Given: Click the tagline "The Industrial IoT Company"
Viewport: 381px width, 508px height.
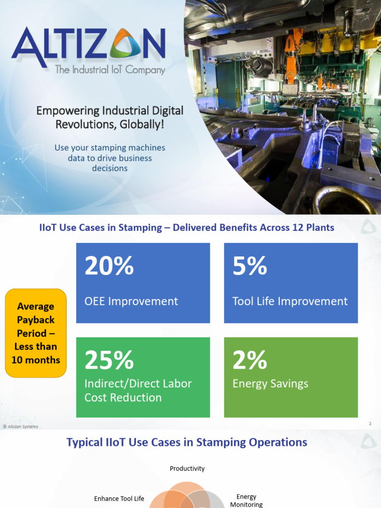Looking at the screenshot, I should pos(110,70).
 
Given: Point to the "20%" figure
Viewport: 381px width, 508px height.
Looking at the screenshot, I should pos(109,266).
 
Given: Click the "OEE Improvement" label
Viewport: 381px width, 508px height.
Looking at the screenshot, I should pos(131,301).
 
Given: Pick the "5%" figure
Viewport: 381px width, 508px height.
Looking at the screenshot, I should pos(250,266).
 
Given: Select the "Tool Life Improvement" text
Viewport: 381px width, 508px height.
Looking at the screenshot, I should pos(290,301).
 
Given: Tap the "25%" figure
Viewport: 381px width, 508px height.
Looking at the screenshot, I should pos(109,360).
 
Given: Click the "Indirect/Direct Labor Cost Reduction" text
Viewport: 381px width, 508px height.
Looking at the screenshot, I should pos(137,390).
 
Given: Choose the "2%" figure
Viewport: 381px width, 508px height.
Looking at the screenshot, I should pos(250,360).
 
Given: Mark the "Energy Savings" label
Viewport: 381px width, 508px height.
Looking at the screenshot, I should pos(270,383).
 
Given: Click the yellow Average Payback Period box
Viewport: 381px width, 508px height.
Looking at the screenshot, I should pos(36,333).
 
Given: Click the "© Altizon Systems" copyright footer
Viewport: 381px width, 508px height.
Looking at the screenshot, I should pos(20,426).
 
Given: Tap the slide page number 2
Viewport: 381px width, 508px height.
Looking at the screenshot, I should pos(370,424).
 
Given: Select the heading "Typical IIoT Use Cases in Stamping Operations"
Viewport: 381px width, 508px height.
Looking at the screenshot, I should pos(187,442).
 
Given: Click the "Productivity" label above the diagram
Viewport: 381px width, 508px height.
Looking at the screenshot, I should pos(187,468).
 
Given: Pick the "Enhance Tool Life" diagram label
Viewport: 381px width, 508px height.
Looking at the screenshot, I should pos(119,499).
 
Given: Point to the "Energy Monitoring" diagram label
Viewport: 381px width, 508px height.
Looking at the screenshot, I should pos(247,501).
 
